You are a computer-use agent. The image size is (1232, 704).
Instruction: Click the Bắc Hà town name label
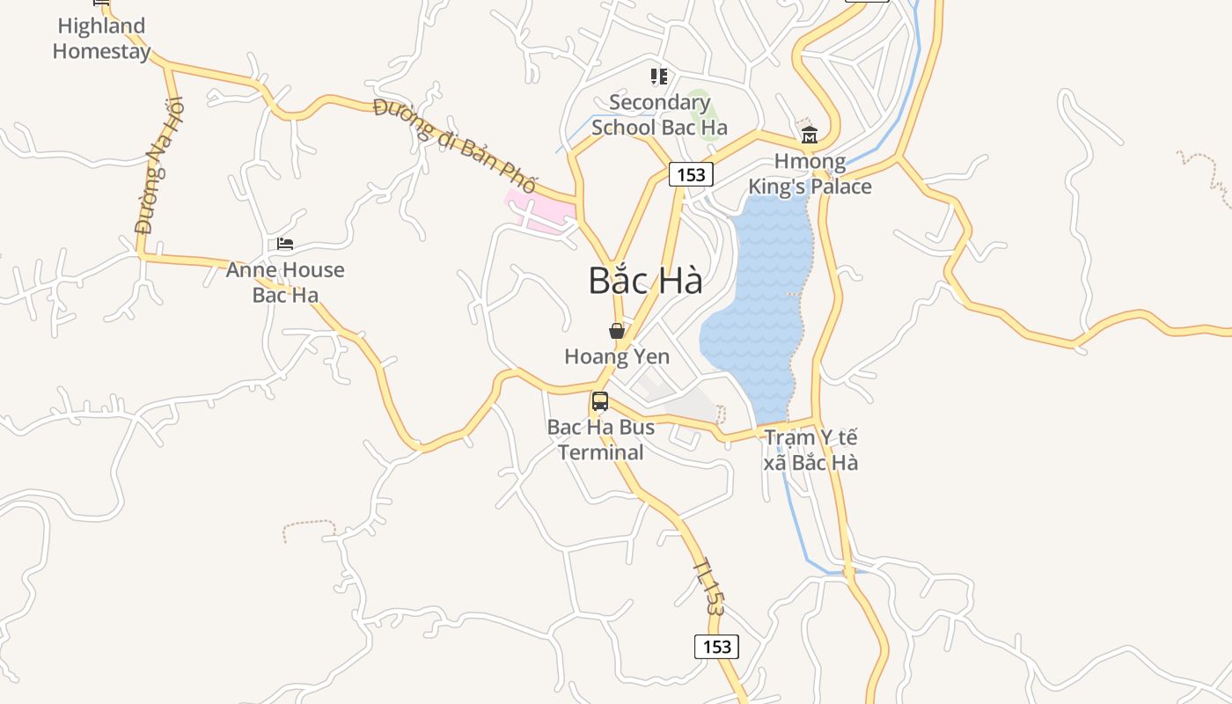645,281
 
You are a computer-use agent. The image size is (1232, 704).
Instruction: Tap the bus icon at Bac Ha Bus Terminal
600,402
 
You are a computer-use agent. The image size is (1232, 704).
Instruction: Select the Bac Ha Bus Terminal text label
596,440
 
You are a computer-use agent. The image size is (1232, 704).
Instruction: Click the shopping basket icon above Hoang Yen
617,331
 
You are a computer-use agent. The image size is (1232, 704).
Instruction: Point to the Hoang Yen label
617,356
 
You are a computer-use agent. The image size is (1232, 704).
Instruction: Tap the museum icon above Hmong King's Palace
810,135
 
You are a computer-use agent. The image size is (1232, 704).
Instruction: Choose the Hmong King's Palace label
810,174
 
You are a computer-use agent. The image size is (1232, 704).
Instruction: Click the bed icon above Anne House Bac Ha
285,244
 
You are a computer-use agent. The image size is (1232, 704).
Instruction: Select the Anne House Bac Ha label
285,282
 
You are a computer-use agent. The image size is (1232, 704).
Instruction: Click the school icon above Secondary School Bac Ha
659,77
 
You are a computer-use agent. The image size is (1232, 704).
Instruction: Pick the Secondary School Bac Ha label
659,114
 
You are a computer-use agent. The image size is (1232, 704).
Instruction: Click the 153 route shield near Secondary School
691,174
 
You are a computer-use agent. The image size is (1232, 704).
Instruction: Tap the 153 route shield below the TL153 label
717,647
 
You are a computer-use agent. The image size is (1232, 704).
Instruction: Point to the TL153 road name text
709,586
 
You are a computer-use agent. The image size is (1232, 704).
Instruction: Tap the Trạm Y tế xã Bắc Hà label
810,450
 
